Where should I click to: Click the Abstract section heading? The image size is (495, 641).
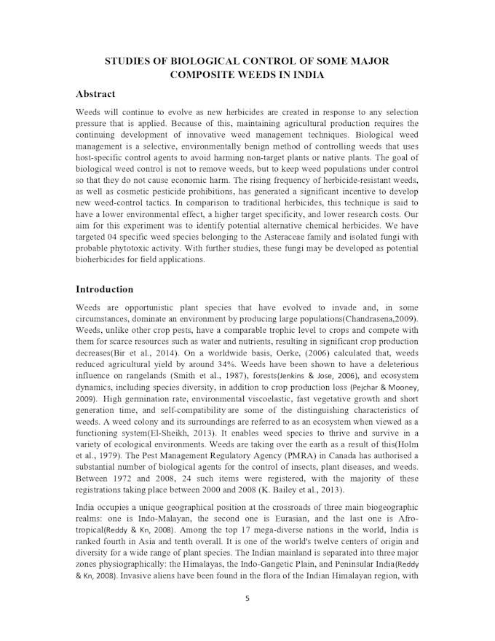(95, 94)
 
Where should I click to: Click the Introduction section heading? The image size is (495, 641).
(104, 289)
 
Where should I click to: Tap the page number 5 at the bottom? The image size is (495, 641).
(247, 599)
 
